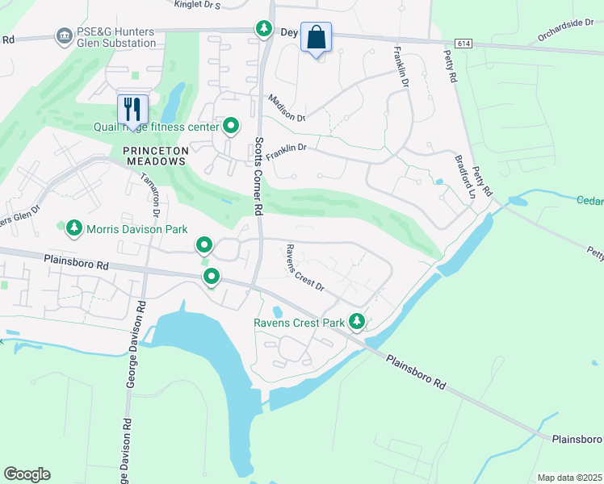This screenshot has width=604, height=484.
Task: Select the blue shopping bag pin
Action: tap(316, 38)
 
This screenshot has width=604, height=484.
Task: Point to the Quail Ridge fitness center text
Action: tap(168, 127)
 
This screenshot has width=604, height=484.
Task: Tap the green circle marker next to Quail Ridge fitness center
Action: tap(231, 126)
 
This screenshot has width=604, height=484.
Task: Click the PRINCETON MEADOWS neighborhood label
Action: tap(156, 156)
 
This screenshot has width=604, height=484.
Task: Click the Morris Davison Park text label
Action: tap(136, 229)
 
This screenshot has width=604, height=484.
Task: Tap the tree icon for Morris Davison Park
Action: tap(74, 228)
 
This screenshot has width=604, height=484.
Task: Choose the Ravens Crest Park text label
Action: tap(299, 323)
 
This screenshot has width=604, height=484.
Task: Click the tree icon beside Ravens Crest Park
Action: tap(356, 322)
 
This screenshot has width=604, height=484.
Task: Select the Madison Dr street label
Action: tap(287, 107)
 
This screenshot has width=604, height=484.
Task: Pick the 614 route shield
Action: tap(463, 43)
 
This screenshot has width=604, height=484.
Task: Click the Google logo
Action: tap(27, 474)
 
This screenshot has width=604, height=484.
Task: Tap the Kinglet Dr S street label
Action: tap(197, 5)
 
